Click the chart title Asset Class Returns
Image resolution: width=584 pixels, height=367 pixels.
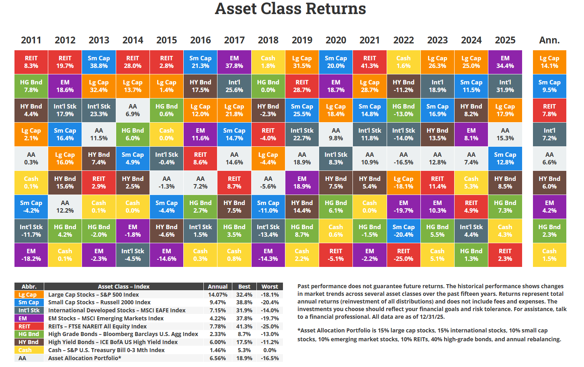click(x=290, y=9)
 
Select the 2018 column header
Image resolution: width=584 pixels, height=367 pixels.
click(x=268, y=40)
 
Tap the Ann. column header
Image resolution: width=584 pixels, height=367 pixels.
click(x=549, y=40)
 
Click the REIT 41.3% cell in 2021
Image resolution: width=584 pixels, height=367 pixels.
click(x=369, y=62)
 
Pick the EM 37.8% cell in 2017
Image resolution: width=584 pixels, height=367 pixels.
click(x=234, y=62)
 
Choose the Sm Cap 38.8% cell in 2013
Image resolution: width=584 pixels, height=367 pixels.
click(x=98, y=62)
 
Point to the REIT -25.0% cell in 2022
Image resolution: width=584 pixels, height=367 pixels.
click(x=403, y=255)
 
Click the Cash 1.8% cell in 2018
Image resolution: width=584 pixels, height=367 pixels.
click(x=268, y=62)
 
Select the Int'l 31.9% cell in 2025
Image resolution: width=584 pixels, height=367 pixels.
click(x=505, y=86)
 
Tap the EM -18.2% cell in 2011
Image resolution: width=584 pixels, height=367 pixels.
click(x=31, y=255)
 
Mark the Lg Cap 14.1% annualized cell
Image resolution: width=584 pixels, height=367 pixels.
click(x=549, y=62)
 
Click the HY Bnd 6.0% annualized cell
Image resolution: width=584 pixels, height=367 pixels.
click(x=549, y=182)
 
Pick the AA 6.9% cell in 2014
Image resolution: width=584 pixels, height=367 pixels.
click(x=133, y=110)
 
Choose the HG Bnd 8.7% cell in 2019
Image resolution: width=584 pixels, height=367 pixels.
click(x=302, y=231)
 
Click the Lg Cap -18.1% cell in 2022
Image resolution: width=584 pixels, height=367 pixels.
click(x=403, y=182)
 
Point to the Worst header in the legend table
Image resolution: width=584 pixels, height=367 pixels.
click(x=270, y=287)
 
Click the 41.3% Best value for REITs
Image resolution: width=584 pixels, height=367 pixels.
click(x=244, y=326)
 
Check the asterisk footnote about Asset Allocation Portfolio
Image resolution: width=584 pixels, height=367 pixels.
click(x=429, y=335)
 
